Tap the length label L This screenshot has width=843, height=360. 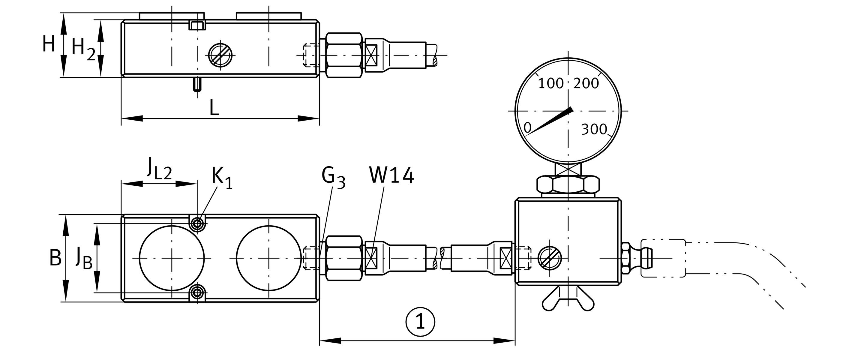[214, 107]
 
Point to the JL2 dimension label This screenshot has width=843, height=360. [159, 168]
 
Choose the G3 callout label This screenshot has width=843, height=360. [333, 178]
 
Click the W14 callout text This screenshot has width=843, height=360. [391, 175]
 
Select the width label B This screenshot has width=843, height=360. [55, 258]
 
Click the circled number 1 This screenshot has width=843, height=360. [420, 321]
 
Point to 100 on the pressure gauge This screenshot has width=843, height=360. [551, 84]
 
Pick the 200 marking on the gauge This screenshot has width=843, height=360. [586, 84]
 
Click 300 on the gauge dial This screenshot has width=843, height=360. [594, 130]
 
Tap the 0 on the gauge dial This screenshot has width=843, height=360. [527, 127]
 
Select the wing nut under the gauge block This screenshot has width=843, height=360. [568, 299]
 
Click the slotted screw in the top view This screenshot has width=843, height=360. [220, 55]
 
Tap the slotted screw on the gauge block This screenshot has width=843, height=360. [550, 258]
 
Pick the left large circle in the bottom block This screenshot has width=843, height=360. [172, 258]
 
